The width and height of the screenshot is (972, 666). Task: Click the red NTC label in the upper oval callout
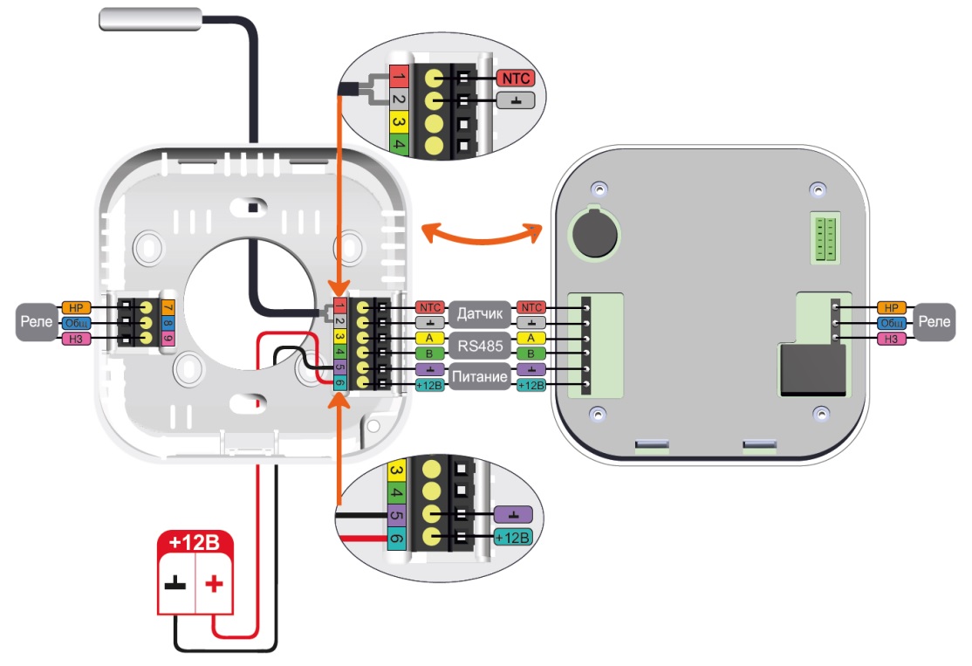click(x=515, y=77)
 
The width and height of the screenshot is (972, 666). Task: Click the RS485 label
click(x=479, y=347)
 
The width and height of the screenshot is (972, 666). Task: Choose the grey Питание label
click(x=479, y=378)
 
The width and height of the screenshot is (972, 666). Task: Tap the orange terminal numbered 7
click(x=168, y=308)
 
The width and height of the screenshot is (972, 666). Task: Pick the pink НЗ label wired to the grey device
click(x=891, y=339)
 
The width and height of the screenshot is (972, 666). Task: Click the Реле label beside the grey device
click(x=934, y=323)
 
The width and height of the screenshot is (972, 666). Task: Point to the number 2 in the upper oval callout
click(x=398, y=100)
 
